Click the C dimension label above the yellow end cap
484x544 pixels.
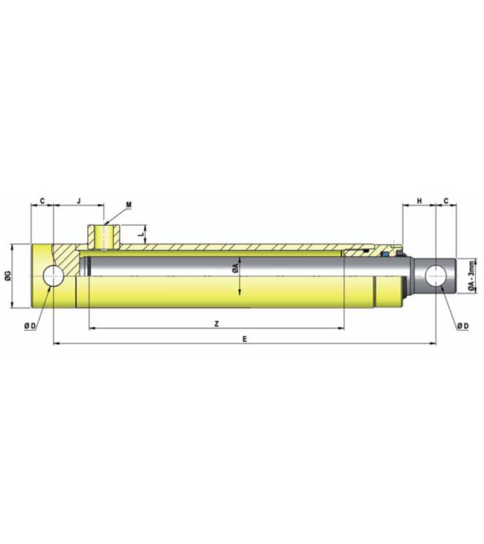(42, 201)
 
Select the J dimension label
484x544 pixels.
(79, 201)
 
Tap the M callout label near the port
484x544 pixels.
(129, 204)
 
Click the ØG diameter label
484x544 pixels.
(7, 276)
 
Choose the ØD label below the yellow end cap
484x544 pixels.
(31, 326)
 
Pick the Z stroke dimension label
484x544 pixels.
(215, 323)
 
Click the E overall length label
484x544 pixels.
(245, 339)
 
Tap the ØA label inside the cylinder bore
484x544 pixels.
(235, 267)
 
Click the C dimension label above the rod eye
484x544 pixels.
(445, 201)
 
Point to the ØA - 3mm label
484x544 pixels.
(471, 276)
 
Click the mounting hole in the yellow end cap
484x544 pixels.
(54, 276)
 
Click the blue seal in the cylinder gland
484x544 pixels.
(383, 254)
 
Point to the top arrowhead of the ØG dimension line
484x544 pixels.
(13, 247)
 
